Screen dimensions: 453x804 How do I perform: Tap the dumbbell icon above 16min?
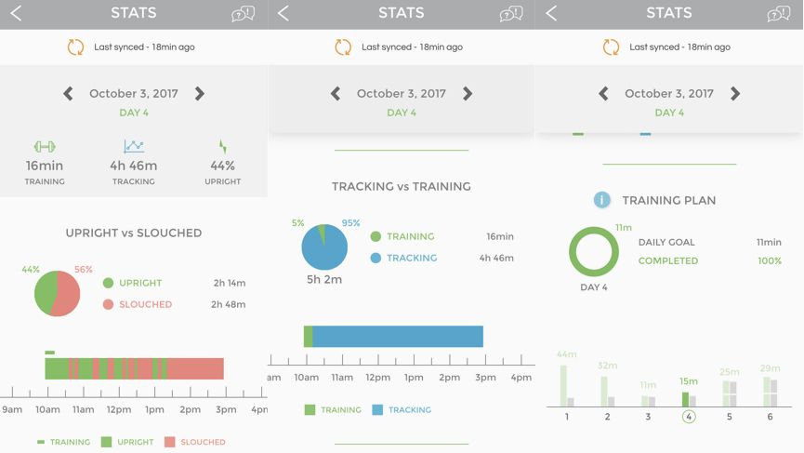pyautogui.click(x=45, y=147)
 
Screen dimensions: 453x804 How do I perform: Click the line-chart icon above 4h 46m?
pyautogui.click(x=134, y=147)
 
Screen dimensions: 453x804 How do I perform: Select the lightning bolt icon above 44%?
pyautogui.click(x=222, y=147)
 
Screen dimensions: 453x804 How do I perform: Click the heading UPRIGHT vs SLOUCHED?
pyautogui.click(x=134, y=233)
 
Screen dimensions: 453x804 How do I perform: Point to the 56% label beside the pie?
pyautogui.click(x=84, y=270)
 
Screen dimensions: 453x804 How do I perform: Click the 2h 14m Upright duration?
pyautogui.click(x=229, y=283)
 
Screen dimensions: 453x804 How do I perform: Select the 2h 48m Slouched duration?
pyautogui.click(x=229, y=304)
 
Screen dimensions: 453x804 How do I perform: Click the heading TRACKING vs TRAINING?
pyautogui.click(x=402, y=186)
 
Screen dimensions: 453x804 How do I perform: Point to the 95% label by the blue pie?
pyautogui.click(x=350, y=223)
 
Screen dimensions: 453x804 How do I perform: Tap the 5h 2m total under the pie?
pyautogui.click(x=325, y=278)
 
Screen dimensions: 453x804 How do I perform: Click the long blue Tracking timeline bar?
pyautogui.click(x=398, y=337)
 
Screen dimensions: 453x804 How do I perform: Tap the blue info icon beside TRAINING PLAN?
pyautogui.click(x=602, y=200)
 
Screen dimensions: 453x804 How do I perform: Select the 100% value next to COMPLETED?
pyautogui.click(x=770, y=261)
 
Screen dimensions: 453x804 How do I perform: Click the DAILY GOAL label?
pyautogui.click(x=666, y=242)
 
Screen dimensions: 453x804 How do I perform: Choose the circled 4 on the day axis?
pyautogui.click(x=689, y=417)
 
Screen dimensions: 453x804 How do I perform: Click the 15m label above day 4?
pyautogui.click(x=688, y=381)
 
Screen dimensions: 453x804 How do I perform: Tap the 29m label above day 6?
pyautogui.click(x=770, y=368)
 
